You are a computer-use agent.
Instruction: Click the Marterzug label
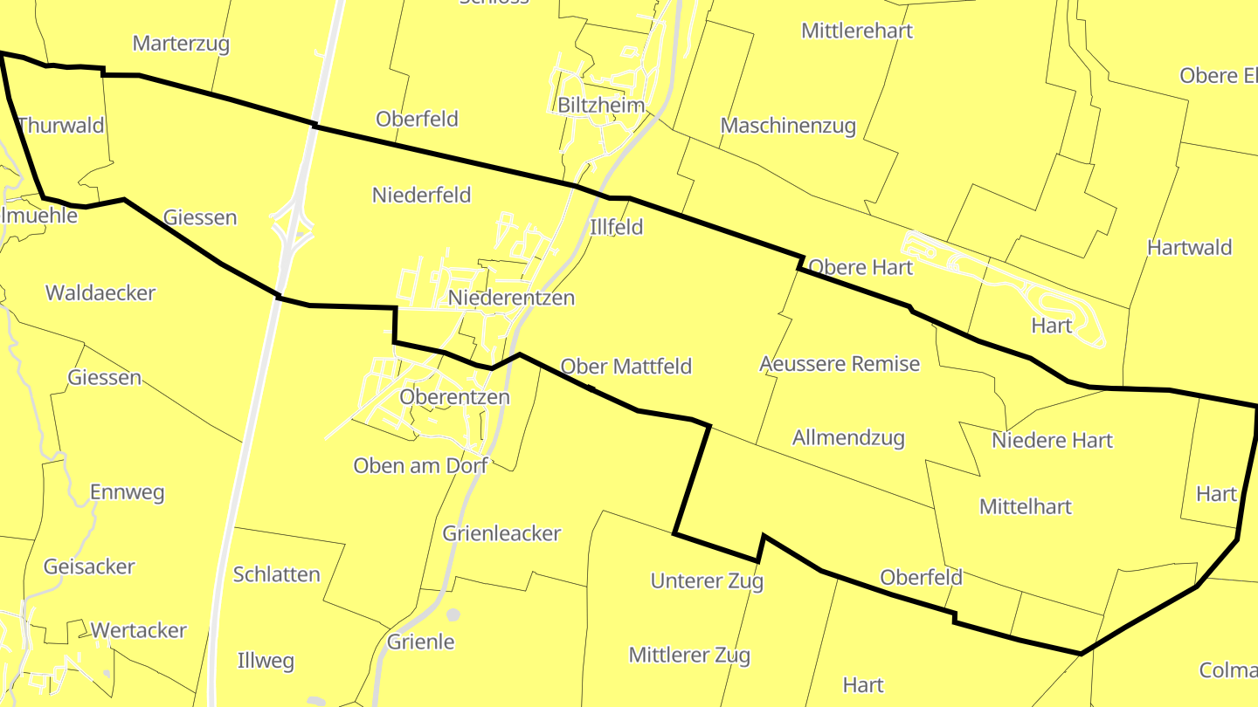[x=181, y=44]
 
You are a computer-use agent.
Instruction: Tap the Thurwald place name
[x=60, y=125]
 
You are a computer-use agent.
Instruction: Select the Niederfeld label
[x=421, y=195]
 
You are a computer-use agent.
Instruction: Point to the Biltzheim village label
[x=601, y=106]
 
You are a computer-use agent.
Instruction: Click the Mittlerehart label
[x=856, y=31]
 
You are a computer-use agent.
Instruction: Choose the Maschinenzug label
[x=787, y=126]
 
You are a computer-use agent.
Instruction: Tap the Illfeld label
[x=616, y=228]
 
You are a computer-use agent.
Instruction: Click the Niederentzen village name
[x=511, y=298]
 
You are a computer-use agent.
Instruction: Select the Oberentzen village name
[x=454, y=397]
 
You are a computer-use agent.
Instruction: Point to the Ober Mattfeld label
[x=626, y=367]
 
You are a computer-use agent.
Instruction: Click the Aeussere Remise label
[x=839, y=363]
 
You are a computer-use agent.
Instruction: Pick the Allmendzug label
[x=847, y=438]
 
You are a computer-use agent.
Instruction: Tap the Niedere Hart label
[x=1052, y=441]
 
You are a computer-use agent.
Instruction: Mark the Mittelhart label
[x=1025, y=507]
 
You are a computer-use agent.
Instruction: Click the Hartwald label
[x=1189, y=248]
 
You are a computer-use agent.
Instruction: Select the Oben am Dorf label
[x=420, y=466]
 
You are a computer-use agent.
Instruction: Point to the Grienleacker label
[x=501, y=533]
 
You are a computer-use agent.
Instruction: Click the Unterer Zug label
[x=707, y=580]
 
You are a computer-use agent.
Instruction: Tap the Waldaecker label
[x=100, y=293]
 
